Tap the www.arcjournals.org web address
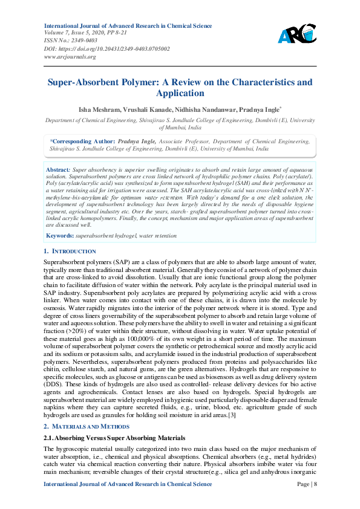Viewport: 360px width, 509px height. [x=70, y=56]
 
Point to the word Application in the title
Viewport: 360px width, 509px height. [x=180, y=93]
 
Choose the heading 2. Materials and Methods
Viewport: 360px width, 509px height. [x=87, y=427]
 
